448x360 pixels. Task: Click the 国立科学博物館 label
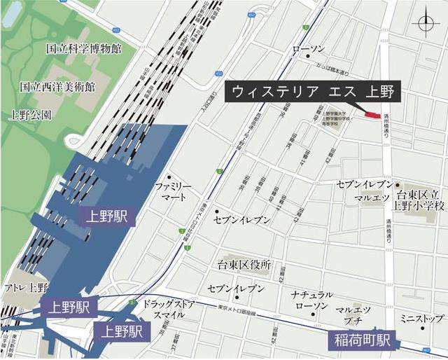(x=83, y=49)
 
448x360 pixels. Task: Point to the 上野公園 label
(x=31, y=114)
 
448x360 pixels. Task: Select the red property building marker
(x=370, y=114)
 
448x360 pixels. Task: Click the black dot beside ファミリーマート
(x=169, y=176)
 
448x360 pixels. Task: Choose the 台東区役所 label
(x=244, y=266)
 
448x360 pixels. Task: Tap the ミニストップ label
(x=422, y=319)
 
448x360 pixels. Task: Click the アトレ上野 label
(x=26, y=288)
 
